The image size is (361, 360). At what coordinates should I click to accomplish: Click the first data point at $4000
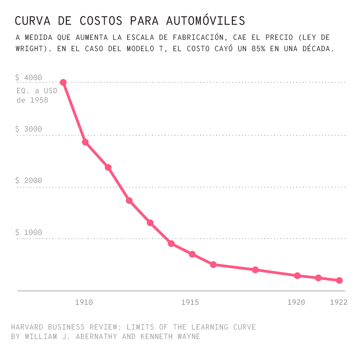[63, 82]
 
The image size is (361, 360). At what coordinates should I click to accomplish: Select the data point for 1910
[85, 142]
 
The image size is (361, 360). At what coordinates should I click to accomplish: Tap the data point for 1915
[192, 254]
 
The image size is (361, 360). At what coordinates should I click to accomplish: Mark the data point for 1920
[297, 275]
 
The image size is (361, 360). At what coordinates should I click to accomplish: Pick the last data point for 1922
[339, 280]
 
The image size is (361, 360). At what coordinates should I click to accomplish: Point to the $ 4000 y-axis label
[29, 78]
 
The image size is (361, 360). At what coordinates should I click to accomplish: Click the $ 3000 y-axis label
[29, 129]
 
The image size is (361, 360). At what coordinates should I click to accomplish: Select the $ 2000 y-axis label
[29, 181]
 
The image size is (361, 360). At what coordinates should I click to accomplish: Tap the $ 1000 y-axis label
[29, 233]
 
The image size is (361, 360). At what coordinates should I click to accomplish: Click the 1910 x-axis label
[84, 302]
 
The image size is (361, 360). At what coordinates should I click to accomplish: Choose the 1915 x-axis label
[190, 302]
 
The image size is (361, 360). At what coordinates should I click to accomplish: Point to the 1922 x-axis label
[338, 302]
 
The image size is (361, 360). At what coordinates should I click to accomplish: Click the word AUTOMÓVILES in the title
[206, 21]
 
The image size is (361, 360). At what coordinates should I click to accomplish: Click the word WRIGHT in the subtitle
[30, 49]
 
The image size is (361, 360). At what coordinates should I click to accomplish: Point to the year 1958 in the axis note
[39, 100]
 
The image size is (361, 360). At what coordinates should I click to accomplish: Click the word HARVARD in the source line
[27, 327]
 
